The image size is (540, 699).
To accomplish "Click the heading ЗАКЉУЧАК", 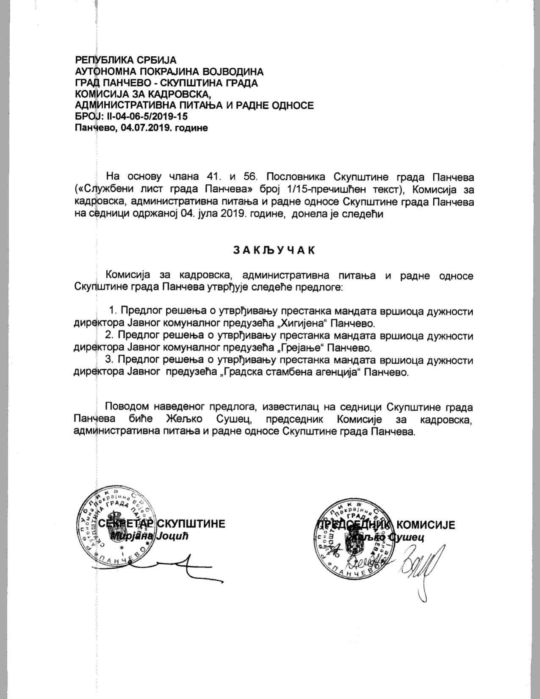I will click(x=274, y=251).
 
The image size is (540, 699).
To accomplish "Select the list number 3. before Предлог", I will click(x=109, y=361).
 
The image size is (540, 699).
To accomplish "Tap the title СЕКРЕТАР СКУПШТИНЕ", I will click(x=161, y=524).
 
